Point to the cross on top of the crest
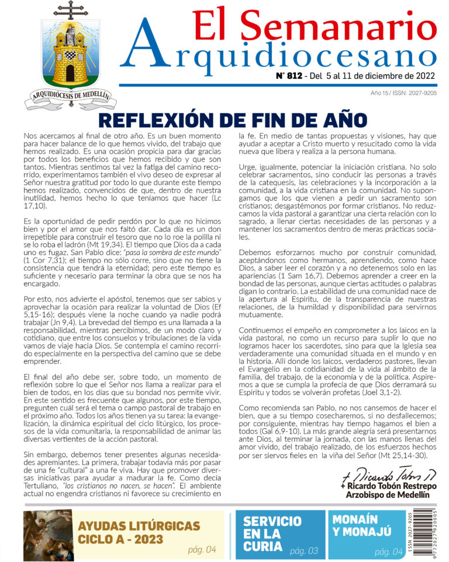[70, 11]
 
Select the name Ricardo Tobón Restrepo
[388, 486]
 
